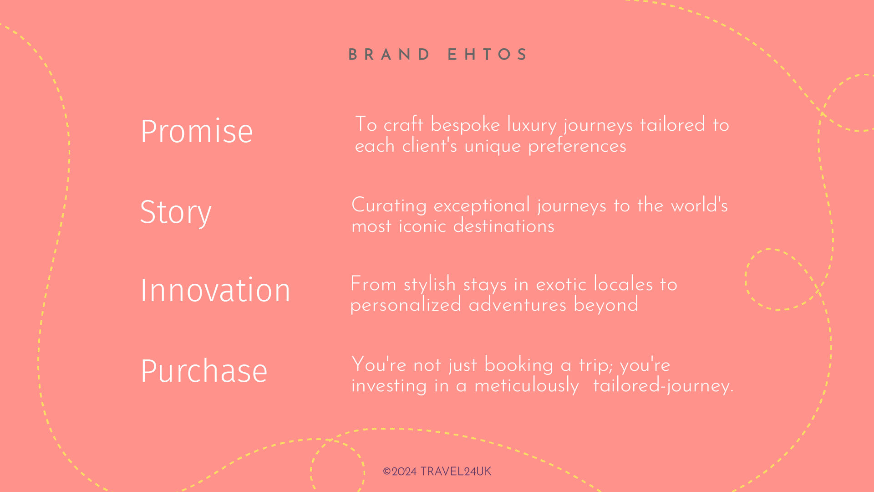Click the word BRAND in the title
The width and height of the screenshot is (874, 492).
389,55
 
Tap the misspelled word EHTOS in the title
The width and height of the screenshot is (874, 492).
487,55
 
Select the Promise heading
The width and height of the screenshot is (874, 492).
196,131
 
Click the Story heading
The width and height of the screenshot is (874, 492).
176,212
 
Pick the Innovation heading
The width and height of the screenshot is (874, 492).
215,290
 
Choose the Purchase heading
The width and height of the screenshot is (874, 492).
204,371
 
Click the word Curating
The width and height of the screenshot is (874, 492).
389,206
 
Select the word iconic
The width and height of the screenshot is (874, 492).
422,226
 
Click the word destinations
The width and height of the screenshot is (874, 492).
503,226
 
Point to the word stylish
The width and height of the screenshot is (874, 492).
429,285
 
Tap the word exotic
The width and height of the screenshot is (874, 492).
561,285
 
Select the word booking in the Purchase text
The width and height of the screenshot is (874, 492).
518,366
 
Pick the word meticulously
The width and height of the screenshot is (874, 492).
526,386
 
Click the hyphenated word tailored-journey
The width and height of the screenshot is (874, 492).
663,386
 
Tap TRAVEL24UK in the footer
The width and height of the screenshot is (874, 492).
456,471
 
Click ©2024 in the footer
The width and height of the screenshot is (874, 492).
400,471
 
